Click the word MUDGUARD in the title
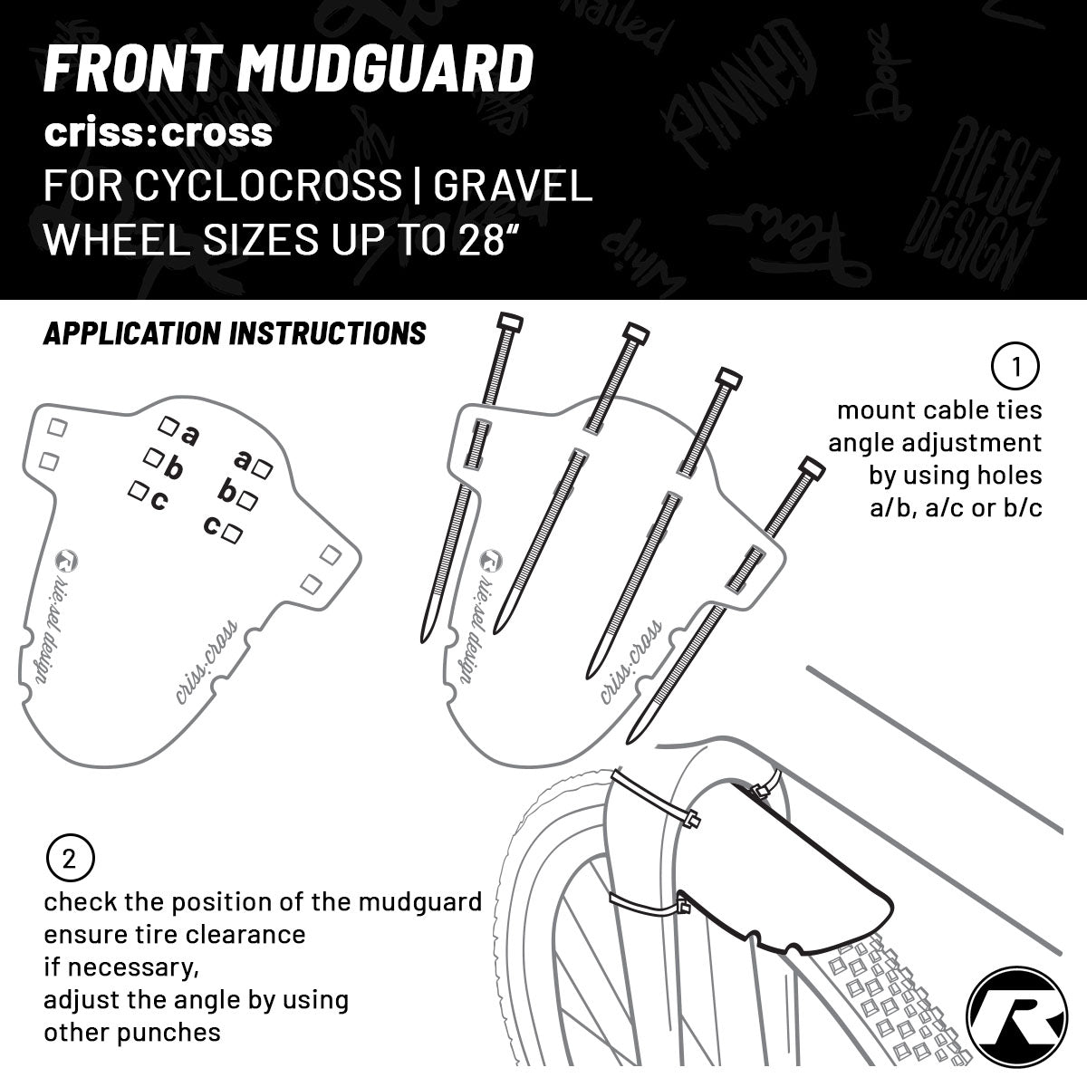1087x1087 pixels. point(390,69)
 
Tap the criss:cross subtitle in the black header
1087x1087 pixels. point(159,132)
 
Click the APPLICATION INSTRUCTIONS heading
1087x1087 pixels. point(235,333)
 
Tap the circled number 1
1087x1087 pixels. point(1015,367)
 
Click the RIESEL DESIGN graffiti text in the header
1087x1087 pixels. point(987,204)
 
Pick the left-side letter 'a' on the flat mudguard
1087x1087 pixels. point(189,436)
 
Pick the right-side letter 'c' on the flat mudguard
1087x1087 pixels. point(210,524)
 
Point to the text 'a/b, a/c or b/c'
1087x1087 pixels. point(956,506)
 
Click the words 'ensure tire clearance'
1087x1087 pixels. point(174,933)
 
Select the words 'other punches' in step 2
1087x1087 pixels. point(132,1032)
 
